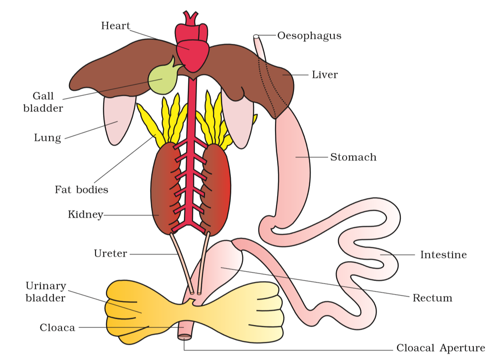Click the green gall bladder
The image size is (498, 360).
coord(163,79)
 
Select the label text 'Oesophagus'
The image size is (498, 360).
coord(309,36)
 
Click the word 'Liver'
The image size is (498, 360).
coord(324,75)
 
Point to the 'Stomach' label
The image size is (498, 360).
coord(353,157)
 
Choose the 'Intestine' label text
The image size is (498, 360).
coord(443,255)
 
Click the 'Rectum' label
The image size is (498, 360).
coord(432,298)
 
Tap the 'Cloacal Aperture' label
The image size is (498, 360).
coord(441,348)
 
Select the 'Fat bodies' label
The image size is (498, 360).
coord(81,190)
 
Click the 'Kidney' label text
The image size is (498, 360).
coord(85,215)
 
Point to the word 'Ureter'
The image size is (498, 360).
coord(111,254)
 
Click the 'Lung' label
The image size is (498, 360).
coord(47,138)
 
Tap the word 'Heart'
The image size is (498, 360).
coord(115,26)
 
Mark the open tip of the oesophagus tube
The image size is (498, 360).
coord(256,37)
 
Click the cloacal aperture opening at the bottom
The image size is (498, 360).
coord(184,337)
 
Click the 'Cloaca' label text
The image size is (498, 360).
coord(57,327)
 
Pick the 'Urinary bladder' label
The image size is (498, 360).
coord(46,292)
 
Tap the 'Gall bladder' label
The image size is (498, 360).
coord(43,102)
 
